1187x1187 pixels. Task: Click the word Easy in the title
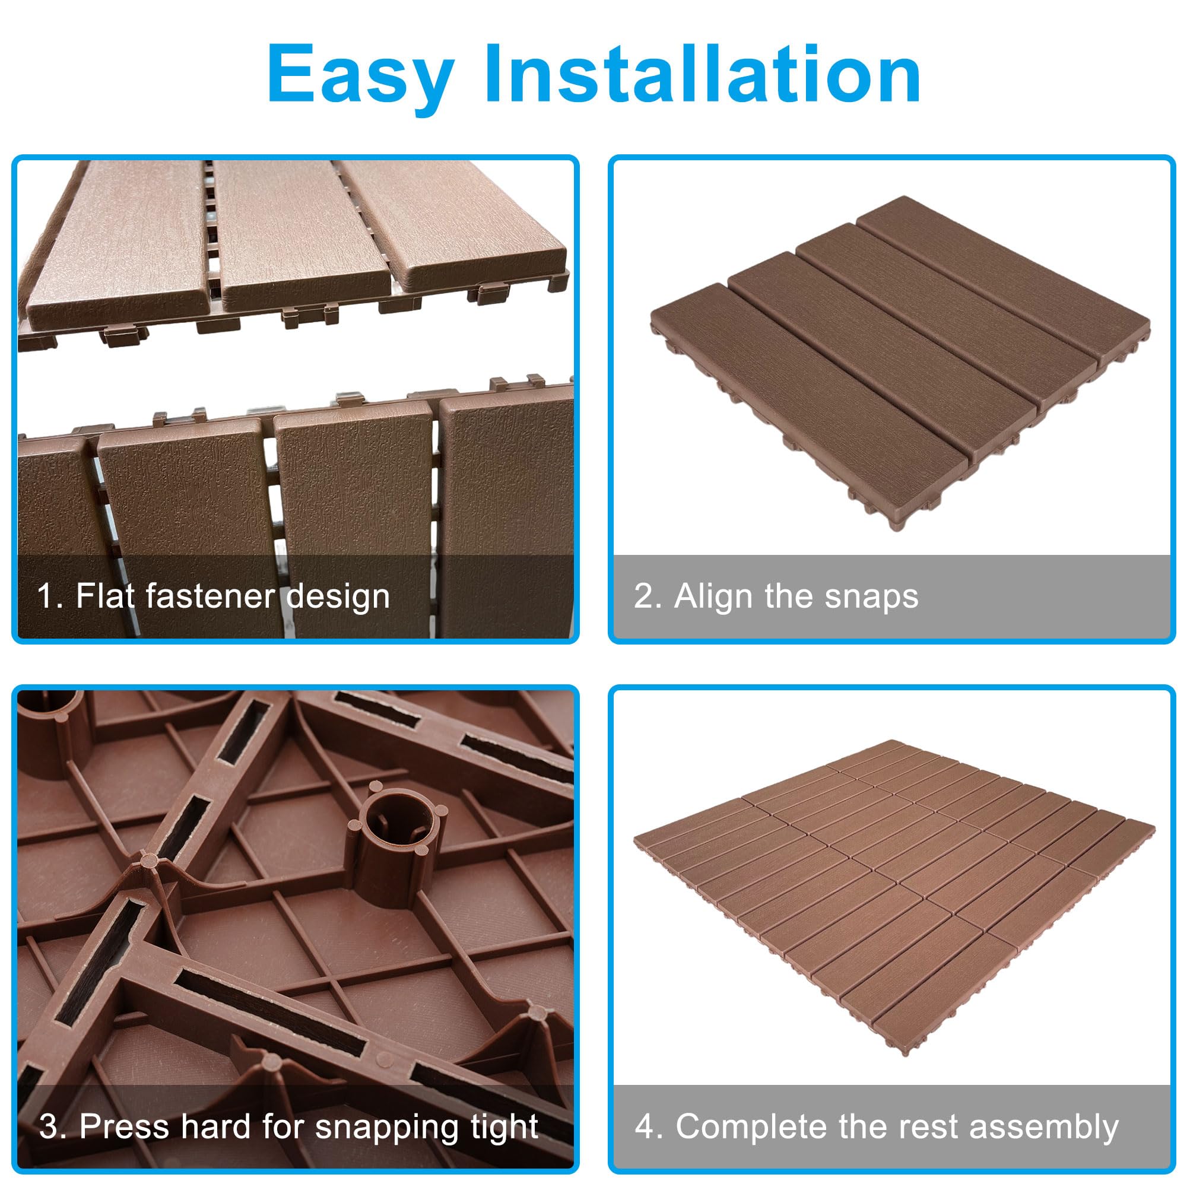[361, 75]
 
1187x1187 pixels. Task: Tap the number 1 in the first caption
[46, 596]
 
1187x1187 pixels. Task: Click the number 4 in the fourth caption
[645, 1126]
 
